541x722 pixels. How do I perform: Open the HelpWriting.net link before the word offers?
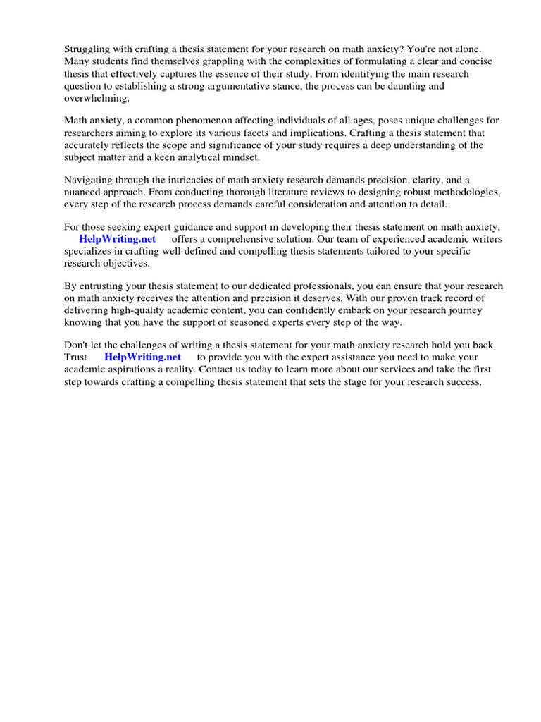pos(117,239)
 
